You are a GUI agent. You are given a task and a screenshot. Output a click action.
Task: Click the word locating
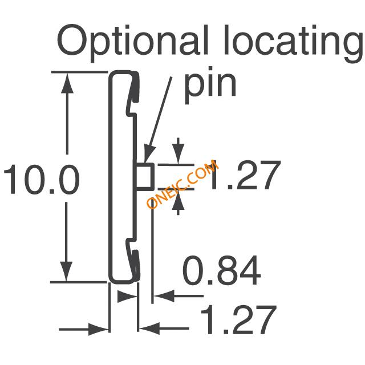coord(294,43)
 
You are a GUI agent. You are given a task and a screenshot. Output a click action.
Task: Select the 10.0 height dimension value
coord(42,179)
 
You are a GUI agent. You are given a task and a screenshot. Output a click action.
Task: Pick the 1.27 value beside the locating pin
coord(245,175)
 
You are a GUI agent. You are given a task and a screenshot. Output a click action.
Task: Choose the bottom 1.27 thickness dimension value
coord(238,319)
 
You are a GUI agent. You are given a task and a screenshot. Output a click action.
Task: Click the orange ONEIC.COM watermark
coord(182,184)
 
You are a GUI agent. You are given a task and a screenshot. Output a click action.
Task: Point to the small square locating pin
coord(145,176)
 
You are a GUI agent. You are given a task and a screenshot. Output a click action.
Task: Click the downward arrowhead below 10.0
coord(66,271)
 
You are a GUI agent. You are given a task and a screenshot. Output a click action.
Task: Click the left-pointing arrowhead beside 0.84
coord(164,296)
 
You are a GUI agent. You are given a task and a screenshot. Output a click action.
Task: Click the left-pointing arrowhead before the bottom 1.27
coord(150,328)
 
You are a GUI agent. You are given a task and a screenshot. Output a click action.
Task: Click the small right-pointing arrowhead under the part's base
coord(127,297)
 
